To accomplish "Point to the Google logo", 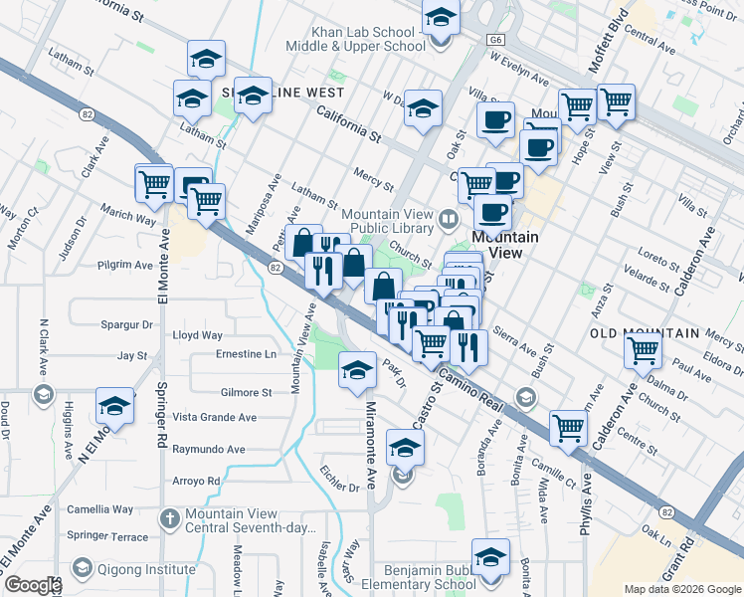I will click(x=32, y=585).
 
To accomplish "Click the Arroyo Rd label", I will click(x=195, y=481).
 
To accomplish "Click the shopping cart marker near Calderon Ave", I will click(x=644, y=349).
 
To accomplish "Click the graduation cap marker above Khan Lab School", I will click(x=440, y=17).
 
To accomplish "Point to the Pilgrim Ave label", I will click(x=125, y=266).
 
